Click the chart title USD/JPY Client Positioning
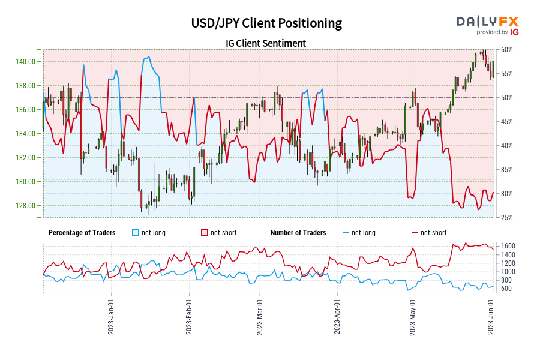click(266, 23)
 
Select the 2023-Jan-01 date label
click(110, 317)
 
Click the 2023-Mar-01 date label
click(260, 317)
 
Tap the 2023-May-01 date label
click(413, 317)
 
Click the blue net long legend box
click(135, 233)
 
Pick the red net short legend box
click(204, 233)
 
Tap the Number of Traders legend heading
click(298, 233)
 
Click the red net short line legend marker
click(413, 233)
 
